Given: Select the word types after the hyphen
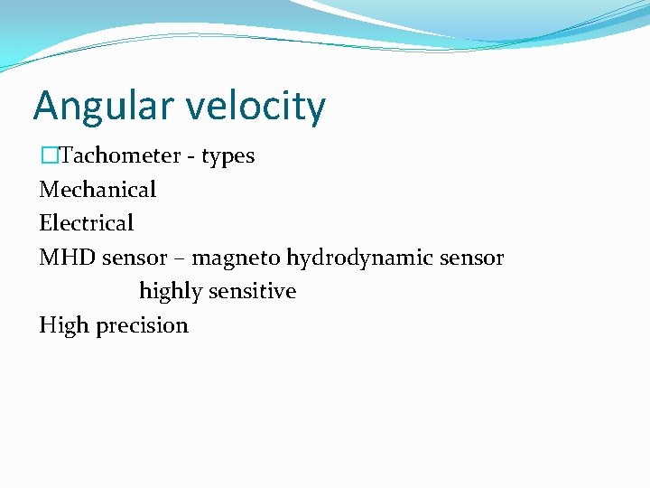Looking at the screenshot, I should (227, 156).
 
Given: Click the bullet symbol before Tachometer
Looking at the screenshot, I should (49, 155).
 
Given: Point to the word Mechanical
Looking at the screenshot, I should (97, 190).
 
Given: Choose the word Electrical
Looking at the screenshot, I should (87, 223).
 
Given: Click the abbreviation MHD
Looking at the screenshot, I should (68, 258).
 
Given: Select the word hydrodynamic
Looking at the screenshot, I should (360, 258).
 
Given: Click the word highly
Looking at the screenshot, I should (171, 292).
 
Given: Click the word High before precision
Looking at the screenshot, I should (63, 325).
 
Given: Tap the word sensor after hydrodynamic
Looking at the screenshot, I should (472, 258).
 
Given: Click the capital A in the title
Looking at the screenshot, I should (45, 106).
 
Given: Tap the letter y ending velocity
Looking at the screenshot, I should (316, 110).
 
